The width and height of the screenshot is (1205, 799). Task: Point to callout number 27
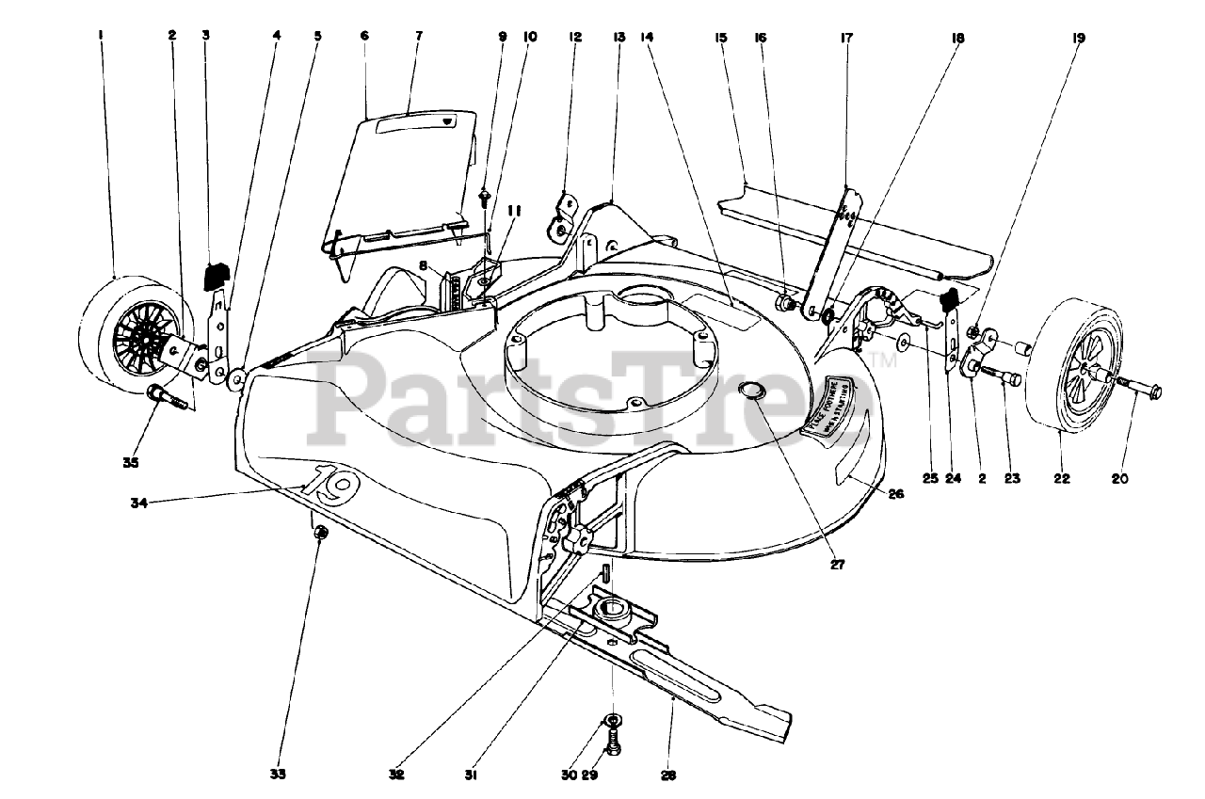(838, 566)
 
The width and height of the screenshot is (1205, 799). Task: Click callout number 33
(278, 774)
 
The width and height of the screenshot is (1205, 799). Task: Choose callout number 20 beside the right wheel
(1119, 479)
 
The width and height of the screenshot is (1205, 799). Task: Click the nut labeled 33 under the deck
(320, 534)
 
